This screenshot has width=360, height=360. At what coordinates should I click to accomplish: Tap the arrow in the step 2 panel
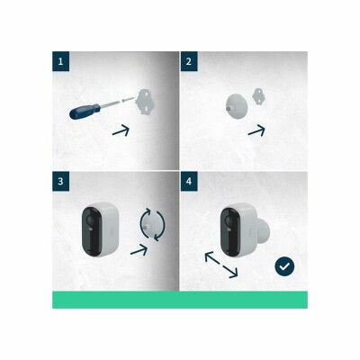coord(256,130)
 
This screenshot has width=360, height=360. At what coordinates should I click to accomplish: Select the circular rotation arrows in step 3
coord(151,224)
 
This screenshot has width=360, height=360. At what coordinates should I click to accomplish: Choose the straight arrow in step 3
coord(139,249)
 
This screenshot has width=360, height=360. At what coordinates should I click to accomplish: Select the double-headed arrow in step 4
coord(220,265)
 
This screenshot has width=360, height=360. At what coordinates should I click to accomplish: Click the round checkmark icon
coord(285,266)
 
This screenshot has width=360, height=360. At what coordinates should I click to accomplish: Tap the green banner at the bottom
coord(180,299)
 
